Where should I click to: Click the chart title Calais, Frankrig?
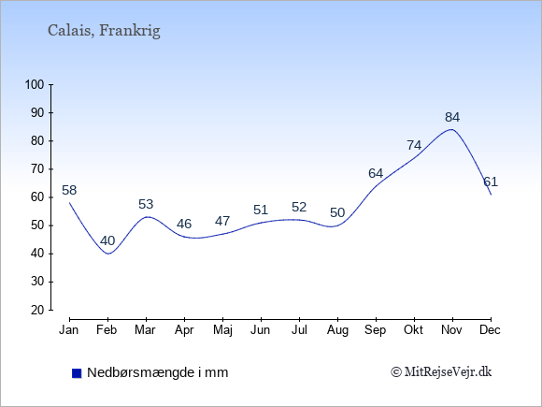click(104, 31)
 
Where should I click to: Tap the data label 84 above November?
click(452, 118)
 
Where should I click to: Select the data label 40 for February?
click(107, 240)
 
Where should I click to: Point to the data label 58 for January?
click(69, 190)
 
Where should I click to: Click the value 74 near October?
click(414, 145)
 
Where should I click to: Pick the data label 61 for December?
click(491, 182)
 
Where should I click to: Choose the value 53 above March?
click(146, 204)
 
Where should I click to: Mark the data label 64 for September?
click(376, 173)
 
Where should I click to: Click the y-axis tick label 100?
click(35, 84)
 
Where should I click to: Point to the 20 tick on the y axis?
click(37, 310)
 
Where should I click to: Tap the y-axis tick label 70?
click(37, 169)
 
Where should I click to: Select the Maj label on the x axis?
click(222, 330)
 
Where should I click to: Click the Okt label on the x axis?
click(413, 330)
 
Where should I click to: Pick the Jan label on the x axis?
click(69, 330)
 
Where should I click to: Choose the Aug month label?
click(337, 330)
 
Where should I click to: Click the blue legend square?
click(77, 373)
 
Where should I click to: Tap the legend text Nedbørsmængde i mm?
click(158, 372)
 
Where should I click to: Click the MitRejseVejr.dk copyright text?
click(441, 372)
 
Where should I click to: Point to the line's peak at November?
click(451, 129)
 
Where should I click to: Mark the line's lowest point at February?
click(108, 254)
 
